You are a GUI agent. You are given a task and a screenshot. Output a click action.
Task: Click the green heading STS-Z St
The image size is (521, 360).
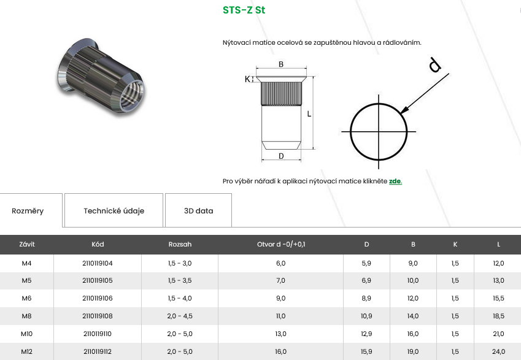[x=244, y=10]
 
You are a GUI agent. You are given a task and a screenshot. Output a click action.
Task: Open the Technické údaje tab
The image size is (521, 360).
[x=114, y=210]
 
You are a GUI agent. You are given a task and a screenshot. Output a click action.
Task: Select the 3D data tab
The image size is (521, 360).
[x=198, y=210]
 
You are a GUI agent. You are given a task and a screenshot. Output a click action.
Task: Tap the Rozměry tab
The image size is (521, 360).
[x=28, y=211]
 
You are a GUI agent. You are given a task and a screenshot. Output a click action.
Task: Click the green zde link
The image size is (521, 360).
[x=395, y=182]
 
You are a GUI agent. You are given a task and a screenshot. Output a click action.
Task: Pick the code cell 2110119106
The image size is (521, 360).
[x=98, y=298]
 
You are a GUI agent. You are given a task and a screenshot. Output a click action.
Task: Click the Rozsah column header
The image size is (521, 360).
[x=180, y=245]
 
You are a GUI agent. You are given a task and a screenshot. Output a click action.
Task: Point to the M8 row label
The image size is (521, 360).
[x=26, y=316]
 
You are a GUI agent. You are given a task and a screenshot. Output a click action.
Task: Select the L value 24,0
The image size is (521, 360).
[x=498, y=351]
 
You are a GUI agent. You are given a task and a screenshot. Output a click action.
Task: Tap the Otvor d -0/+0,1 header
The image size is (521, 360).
[x=281, y=245]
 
